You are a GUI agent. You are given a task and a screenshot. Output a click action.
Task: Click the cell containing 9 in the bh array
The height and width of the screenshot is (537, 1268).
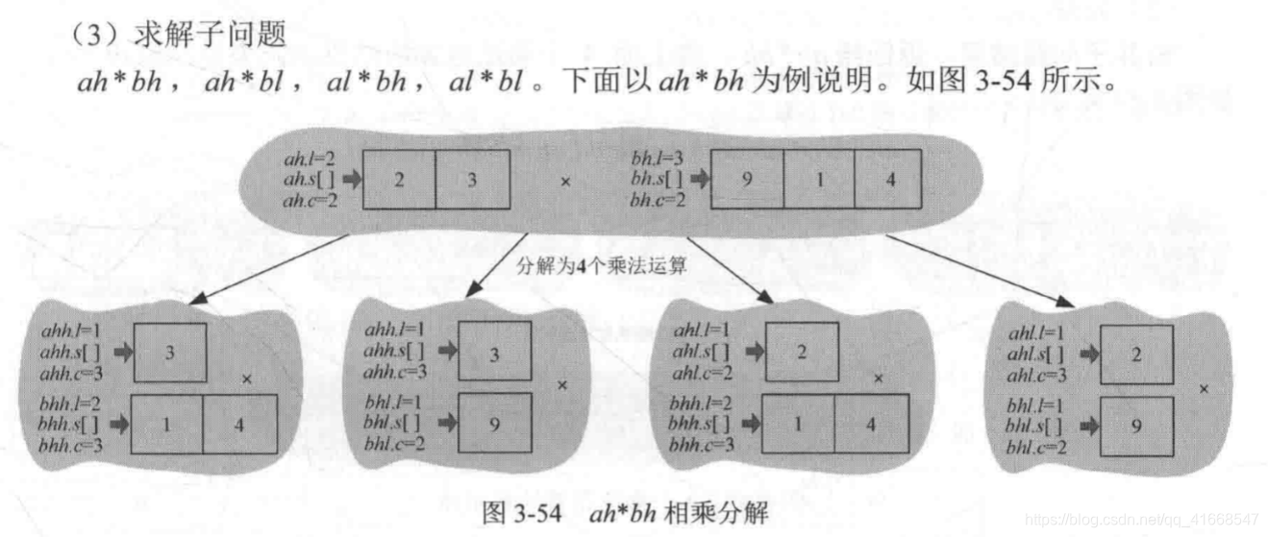746,180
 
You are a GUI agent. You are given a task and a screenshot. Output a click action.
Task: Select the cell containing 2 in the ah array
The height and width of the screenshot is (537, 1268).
399,180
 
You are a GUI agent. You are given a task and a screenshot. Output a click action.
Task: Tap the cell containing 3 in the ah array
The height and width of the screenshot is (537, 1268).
472,180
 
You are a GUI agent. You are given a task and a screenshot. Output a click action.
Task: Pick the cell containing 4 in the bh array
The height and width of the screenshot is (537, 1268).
890,180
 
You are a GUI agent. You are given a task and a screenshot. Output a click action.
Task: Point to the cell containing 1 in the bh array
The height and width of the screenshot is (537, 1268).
818,180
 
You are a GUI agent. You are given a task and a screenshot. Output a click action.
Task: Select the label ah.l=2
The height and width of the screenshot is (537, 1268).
309,157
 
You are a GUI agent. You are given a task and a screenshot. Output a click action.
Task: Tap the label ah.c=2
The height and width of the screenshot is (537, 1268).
310,200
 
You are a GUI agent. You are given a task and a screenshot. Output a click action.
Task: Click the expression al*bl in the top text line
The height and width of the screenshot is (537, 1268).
485,83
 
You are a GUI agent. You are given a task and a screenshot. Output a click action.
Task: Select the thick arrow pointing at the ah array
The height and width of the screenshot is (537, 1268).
350,179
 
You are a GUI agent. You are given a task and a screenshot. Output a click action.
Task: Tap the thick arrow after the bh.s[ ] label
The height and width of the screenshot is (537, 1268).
697,179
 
